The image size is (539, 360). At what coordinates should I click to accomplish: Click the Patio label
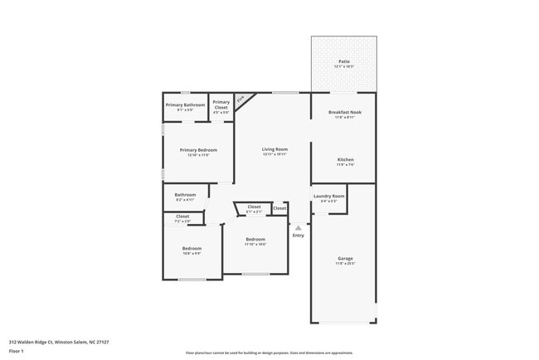tap(343, 61)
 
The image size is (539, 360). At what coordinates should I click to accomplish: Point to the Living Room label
tap(274, 148)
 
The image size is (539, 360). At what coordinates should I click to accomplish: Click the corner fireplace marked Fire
tap(241, 100)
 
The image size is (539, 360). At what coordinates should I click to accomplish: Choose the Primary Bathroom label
tap(185, 105)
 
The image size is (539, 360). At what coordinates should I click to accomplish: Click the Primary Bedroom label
tap(197, 150)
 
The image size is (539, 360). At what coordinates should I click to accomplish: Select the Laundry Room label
tap(328, 196)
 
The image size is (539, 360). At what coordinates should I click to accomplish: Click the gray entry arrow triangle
tap(299, 226)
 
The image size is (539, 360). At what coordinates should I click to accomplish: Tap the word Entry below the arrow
tap(299, 236)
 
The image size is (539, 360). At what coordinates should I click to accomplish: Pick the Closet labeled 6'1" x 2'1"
tap(254, 207)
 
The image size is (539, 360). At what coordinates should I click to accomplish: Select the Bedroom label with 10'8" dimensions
tap(192, 248)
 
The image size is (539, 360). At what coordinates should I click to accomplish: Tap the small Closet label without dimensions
tap(280, 208)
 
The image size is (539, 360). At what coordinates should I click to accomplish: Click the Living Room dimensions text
tap(274, 154)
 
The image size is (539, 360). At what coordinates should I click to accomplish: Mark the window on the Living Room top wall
tap(286, 92)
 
